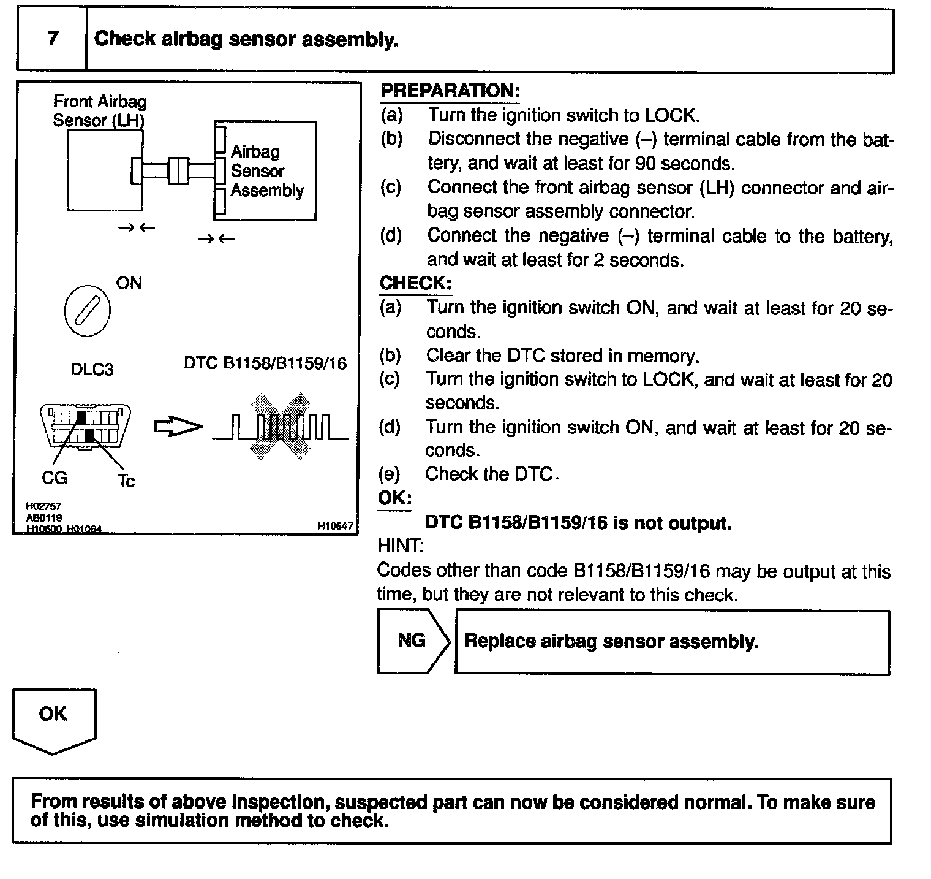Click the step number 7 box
[52, 39]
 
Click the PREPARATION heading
[450, 91]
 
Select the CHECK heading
[415, 283]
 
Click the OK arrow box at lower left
[54, 719]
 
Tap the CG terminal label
[54, 478]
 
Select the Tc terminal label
[126, 481]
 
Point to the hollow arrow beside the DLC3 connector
[178, 427]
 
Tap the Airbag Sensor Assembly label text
[266, 171]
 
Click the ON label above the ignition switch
[129, 283]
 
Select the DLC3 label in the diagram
[92, 370]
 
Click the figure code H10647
[335, 525]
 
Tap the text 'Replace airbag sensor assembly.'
[611, 642]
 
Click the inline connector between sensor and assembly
[179, 170]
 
